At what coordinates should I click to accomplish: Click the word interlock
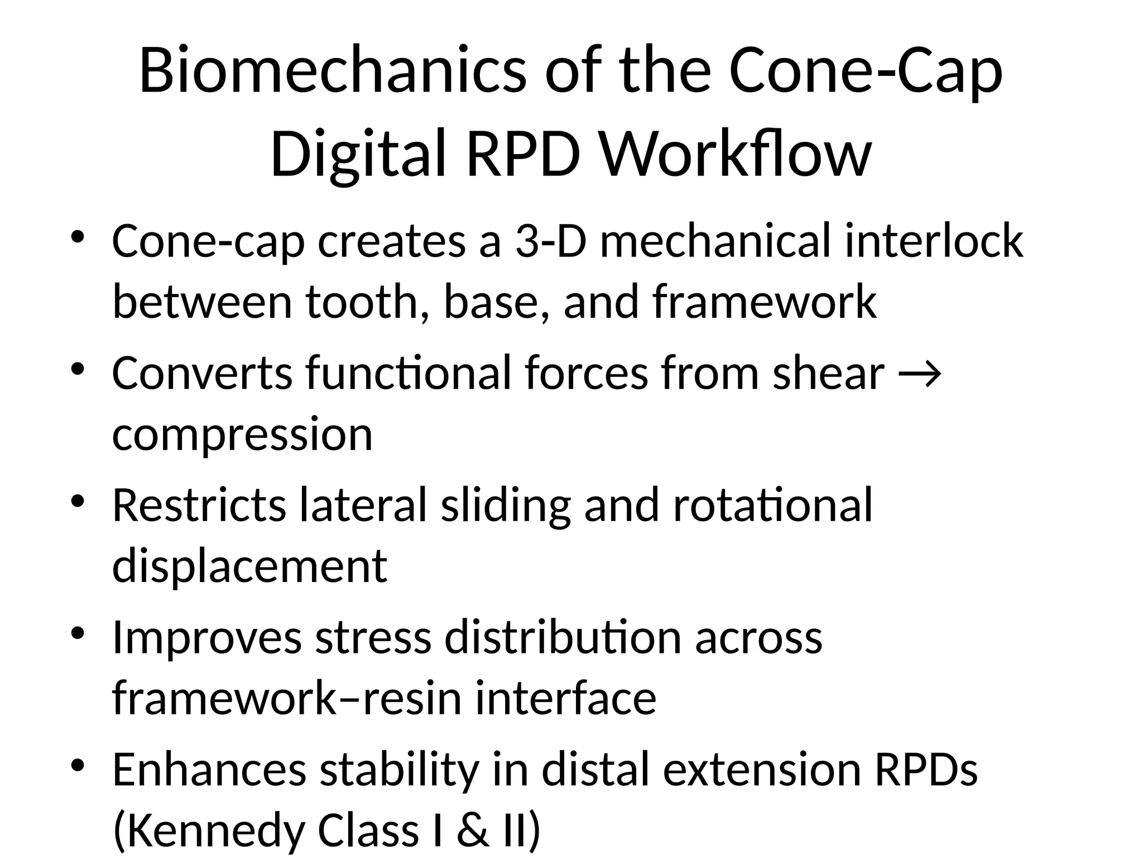pos(934,241)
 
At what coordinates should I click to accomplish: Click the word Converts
pos(202,373)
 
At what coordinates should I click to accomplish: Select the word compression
pos(242,435)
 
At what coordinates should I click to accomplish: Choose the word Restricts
pos(199,505)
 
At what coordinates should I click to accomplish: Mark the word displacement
pos(249,565)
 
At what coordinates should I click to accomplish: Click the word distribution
pos(563,637)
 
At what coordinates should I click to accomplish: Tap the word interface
pos(565,698)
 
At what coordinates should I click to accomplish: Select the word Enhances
pos(209,770)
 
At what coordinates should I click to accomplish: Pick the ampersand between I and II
pos(473,830)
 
